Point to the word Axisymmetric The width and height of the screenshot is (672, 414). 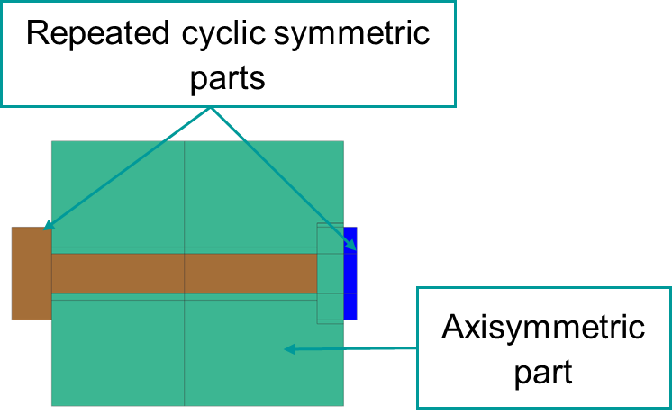point(543,327)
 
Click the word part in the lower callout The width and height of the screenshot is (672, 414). point(543,370)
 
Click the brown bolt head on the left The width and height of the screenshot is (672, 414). point(31,273)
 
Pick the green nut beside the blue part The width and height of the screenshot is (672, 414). point(330,273)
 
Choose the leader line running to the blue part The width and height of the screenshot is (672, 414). point(279,175)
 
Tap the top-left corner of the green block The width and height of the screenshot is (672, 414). point(51,141)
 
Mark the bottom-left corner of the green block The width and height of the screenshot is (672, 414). point(51,405)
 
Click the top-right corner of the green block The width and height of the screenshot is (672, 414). point(343,141)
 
